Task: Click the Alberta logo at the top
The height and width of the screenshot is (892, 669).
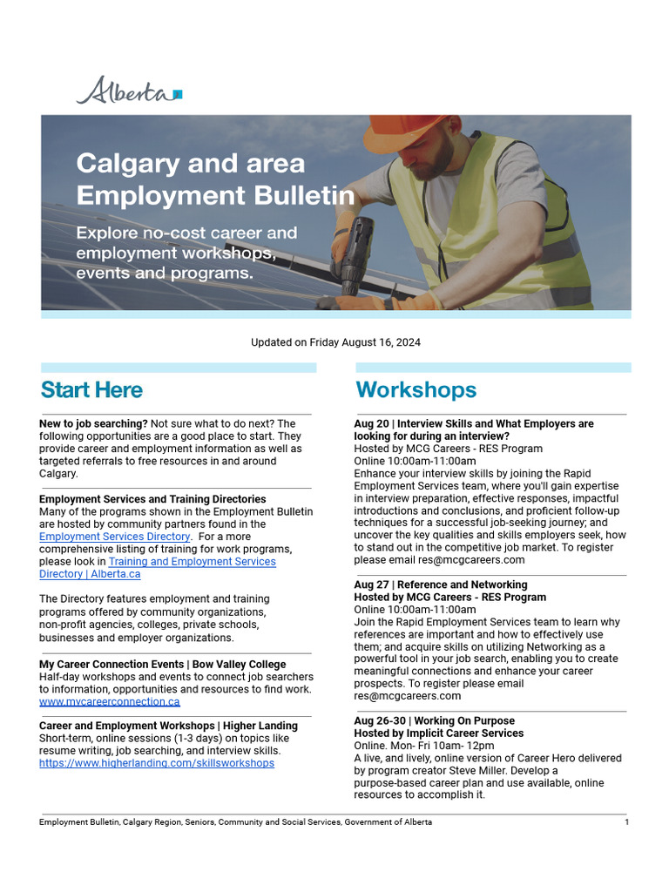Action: coord(129,91)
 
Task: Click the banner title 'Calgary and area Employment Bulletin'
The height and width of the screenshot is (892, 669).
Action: coord(214,179)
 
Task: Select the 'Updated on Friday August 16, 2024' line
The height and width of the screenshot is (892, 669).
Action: coord(335,342)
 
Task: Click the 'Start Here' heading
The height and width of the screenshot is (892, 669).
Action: coord(91,389)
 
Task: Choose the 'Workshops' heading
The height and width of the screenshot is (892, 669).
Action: coord(416,389)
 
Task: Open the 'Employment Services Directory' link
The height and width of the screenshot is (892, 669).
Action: coord(114,537)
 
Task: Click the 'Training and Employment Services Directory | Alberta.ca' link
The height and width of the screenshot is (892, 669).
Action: coord(192,562)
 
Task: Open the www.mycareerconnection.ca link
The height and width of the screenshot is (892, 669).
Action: coord(109,701)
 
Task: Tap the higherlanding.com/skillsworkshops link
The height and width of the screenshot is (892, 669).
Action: coord(156,763)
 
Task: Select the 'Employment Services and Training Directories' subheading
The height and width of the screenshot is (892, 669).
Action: coord(152,499)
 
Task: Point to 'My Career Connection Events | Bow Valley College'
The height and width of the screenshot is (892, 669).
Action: coord(162,665)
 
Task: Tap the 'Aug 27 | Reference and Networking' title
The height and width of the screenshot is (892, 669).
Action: coord(440,585)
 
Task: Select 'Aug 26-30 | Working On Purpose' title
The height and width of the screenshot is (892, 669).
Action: coord(434,721)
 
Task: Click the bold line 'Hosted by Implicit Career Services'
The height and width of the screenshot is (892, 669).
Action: coord(438,733)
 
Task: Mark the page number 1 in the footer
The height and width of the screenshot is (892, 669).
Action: coord(626,822)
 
